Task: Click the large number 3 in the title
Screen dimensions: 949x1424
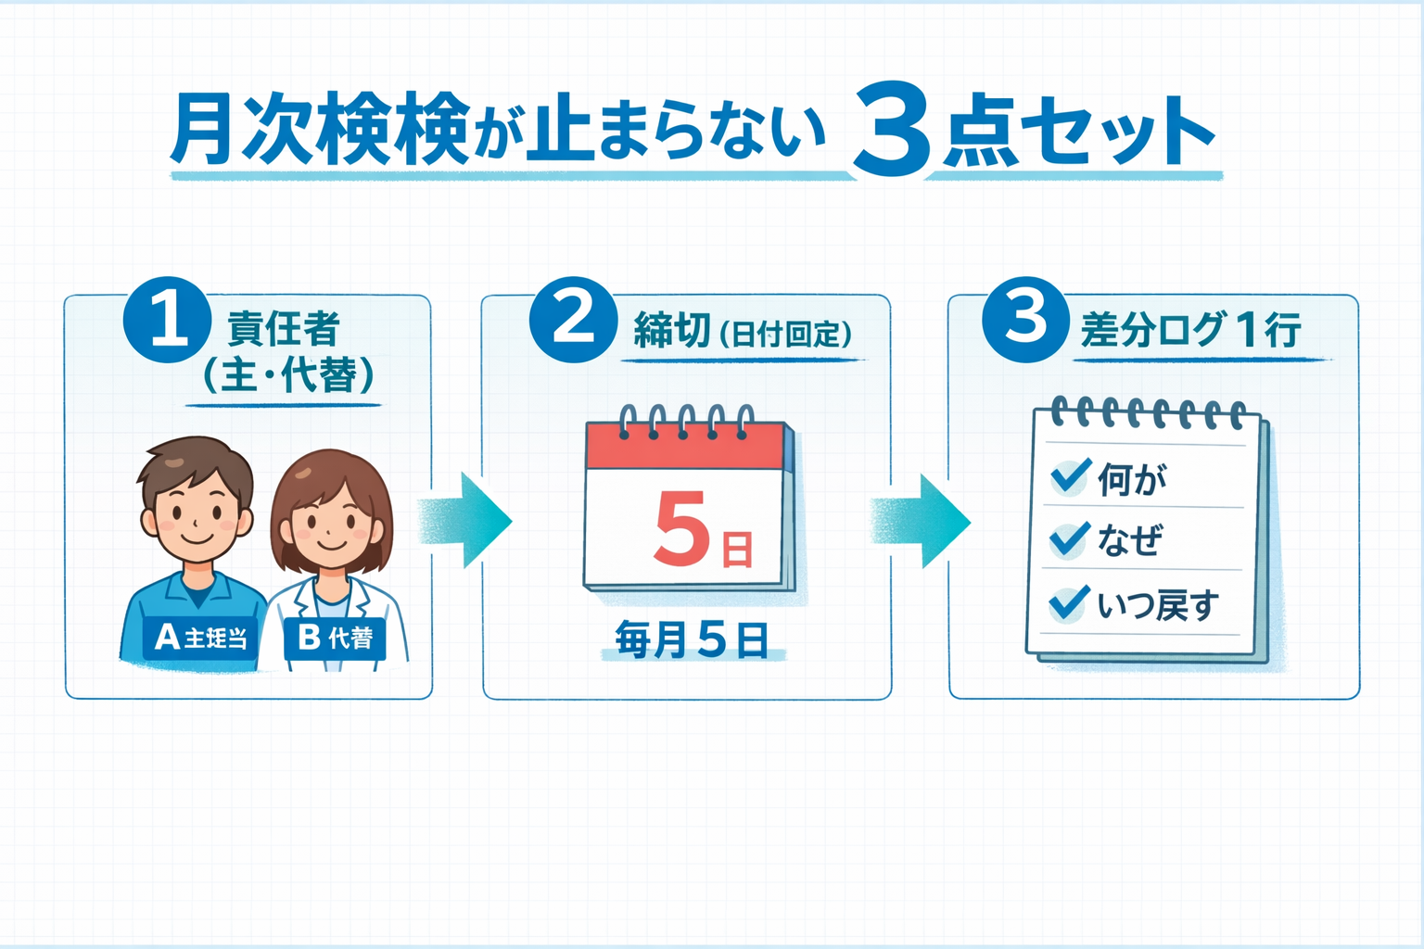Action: (x=890, y=130)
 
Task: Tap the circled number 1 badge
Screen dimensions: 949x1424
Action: (x=167, y=319)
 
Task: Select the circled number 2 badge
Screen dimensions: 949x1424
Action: (x=573, y=319)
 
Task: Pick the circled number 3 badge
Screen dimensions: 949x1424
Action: (x=1025, y=319)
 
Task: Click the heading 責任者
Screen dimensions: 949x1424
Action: (x=284, y=329)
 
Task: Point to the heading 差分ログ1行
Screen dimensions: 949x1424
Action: (x=1191, y=330)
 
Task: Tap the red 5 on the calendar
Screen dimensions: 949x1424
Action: (x=681, y=528)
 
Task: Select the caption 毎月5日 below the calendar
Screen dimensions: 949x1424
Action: (x=692, y=640)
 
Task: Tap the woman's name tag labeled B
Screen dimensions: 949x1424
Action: (x=335, y=638)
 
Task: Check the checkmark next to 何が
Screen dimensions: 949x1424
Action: (x=1070, y=477)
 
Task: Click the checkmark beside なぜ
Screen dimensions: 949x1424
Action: (x=1069, y=538)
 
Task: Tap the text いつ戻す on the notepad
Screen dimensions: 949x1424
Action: (x=1158, y=605)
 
